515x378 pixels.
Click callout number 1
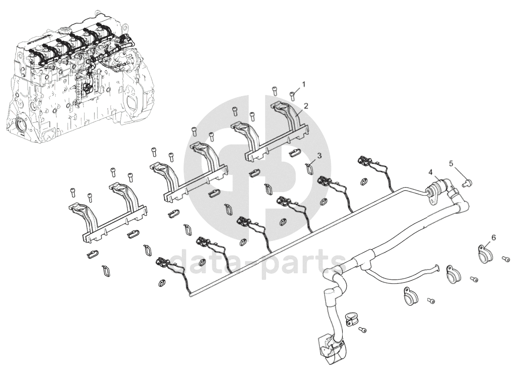coord(303,85)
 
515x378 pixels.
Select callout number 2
coord(306,106)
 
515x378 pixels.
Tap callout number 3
coord(319,156)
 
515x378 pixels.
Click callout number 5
coord(451,164)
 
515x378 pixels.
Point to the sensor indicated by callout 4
coord(433,190)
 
